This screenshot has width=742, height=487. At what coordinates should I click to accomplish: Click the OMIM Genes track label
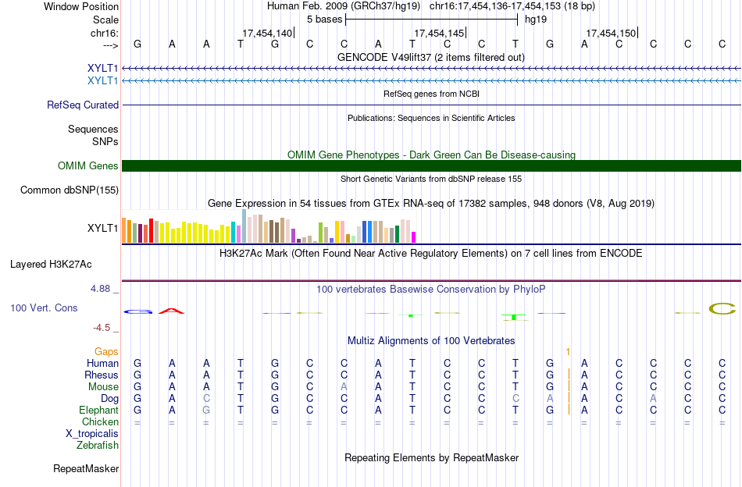(88, 166)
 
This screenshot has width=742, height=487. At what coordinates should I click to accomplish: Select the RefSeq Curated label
(83, 105)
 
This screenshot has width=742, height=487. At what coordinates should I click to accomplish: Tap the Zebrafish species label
(98, 445)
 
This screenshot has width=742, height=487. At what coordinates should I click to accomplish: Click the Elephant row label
(98, 410)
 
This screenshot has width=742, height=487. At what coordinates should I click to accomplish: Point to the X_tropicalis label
(92, 434)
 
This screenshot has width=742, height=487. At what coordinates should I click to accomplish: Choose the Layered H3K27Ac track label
(51, 265)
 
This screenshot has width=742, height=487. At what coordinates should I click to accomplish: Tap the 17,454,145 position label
(439, 33)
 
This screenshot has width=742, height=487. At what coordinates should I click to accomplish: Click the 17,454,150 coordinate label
(611, 33)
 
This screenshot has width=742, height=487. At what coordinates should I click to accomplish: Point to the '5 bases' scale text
(325, 20)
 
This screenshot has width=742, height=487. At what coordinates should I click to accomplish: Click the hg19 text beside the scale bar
(536, 20)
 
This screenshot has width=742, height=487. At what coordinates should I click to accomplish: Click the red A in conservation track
(171, 311)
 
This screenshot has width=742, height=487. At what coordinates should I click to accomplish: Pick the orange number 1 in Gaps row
(568, 352)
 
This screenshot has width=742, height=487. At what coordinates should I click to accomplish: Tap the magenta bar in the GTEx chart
(414, 237)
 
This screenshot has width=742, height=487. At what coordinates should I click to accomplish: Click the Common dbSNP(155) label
(70, 190)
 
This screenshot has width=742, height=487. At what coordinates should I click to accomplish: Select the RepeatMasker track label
(86, 468)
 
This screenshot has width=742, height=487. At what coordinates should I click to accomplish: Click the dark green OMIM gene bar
(432, 166)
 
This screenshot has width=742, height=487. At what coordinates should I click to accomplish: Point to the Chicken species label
(100, 421)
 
